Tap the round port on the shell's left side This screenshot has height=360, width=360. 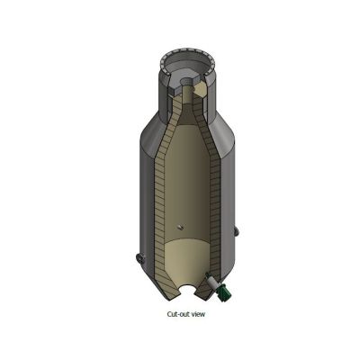pyautogui.click(x=140, y=257)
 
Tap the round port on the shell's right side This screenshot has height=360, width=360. pyautogui.click(x=237, y=231)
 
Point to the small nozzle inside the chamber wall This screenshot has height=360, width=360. pyautogui.click(x=180, y=227)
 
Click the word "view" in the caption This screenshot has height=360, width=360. pyautogui.click(x=199, y=314)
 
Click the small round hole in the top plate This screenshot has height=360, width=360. pyautogui.click(x=187, y=81)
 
